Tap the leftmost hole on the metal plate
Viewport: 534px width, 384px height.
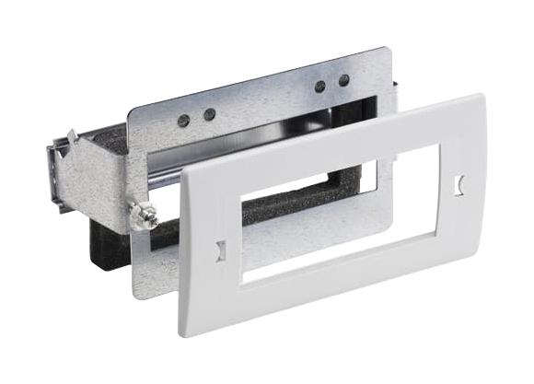[184, 120]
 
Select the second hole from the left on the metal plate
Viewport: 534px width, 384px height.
[210, 114]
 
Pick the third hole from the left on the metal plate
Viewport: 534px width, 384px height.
[319, 87]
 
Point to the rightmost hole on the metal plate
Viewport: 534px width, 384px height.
[343, 80]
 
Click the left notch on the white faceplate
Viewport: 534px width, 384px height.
[219, 249]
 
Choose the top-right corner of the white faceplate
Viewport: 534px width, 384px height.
[479, 96]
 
